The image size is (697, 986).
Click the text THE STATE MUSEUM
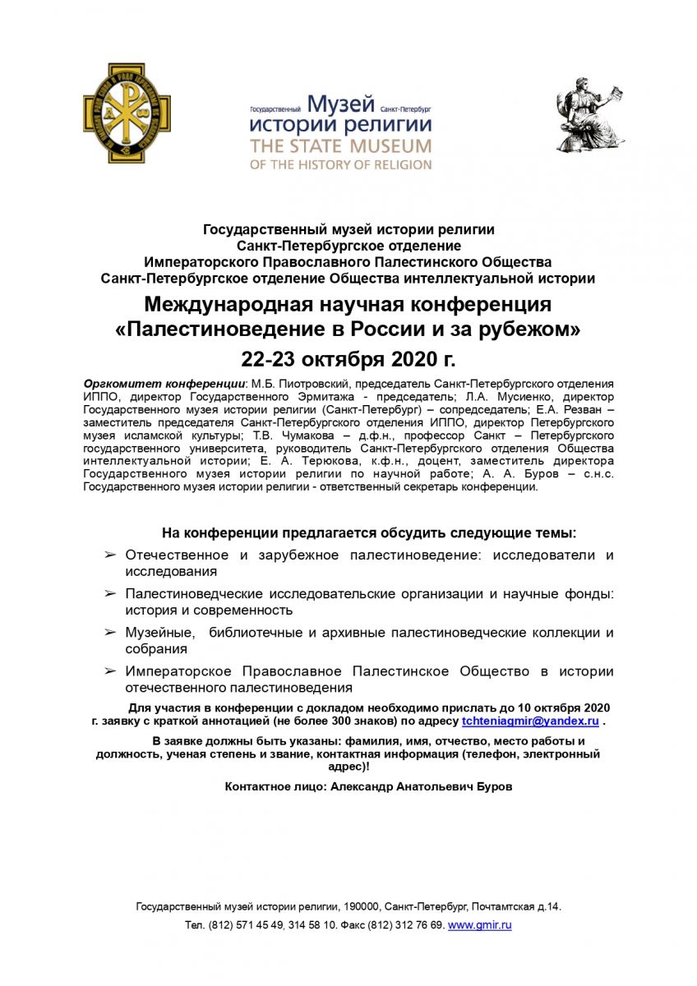pyautogui.click(x=341, y=146)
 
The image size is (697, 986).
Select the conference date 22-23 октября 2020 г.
pyautogui.click(x=348, y=360)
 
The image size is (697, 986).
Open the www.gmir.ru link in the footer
pyautogui.click(x=479, y=925)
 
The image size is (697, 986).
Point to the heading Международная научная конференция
pyautogui.click(x=348, y=305)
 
